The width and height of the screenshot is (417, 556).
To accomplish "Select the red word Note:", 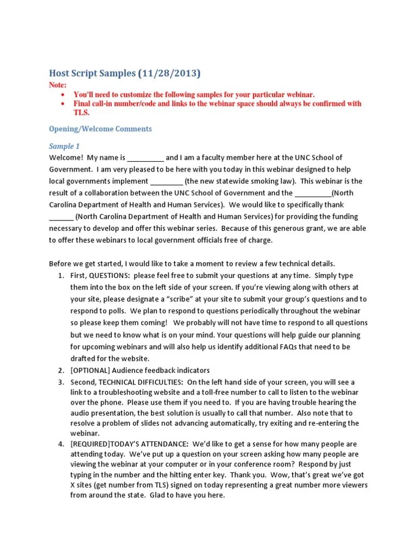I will pyautogui.click(x=58, y=85).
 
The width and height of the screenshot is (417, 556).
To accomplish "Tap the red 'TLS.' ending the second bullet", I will pyautogui.click(x=81, y=113).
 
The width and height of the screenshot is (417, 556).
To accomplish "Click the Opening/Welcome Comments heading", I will pyautogui.click(x=100, y=129).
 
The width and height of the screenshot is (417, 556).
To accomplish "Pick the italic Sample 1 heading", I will pyautogui.click(x=64, y=146).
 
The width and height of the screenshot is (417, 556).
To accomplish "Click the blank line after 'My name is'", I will pyautogui.click(x=146, y=158).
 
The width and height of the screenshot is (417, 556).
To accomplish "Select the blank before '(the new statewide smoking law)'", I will pyautogui.click(x=166, y=181).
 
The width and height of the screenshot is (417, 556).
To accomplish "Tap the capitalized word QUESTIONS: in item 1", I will pyautogui.click(x=110, y=276).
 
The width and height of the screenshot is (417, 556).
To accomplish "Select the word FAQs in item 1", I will pyautogui.click(x=276, y=346).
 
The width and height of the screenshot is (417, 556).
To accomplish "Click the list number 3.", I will pyautogui.click(x=61, y=382).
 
